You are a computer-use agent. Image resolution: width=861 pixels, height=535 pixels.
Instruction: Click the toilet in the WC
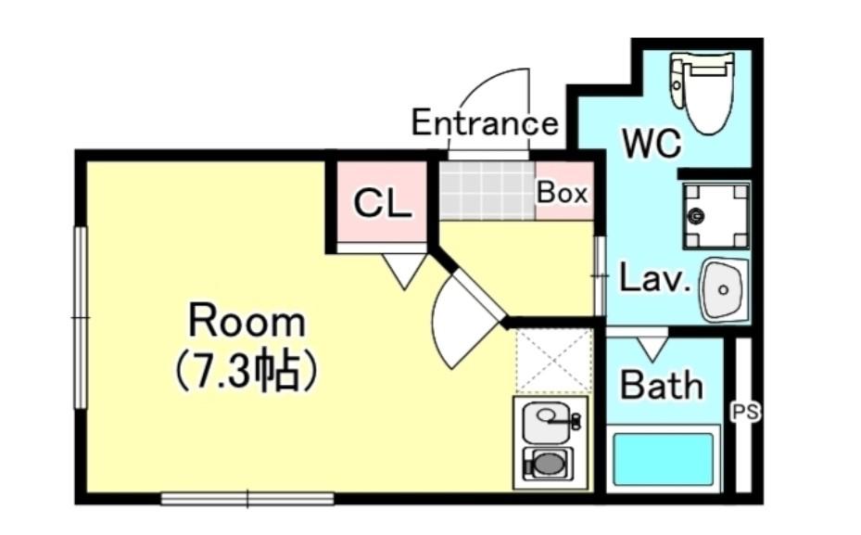(703, 93)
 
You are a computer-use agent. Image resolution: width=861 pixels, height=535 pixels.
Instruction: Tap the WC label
(652, 144)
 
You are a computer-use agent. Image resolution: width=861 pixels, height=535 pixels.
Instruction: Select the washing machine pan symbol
(715, 215)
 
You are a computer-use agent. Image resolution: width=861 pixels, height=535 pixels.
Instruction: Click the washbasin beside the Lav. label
(724, 289)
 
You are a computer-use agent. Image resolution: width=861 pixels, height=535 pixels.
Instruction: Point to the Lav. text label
(654, 278)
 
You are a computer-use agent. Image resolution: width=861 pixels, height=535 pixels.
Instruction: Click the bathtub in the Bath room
(664, 459)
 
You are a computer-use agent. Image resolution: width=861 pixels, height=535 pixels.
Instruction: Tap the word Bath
(662, 385)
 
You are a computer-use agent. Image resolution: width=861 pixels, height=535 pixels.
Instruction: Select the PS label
(746, 412)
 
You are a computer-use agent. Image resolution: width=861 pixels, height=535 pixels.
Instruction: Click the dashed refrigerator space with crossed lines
(554, 361)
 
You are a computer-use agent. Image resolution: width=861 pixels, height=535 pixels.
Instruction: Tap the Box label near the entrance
(562, 193)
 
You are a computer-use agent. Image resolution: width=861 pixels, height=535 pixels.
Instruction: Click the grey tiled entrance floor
(487, 190)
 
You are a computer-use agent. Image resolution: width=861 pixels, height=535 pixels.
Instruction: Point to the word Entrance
(485, 122)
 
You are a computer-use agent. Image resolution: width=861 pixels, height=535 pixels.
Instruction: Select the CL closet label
(382, 203)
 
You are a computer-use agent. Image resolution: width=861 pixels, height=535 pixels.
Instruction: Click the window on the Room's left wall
(81, 317)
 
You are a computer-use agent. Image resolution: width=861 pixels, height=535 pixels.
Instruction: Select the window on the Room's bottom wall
(247, 499)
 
